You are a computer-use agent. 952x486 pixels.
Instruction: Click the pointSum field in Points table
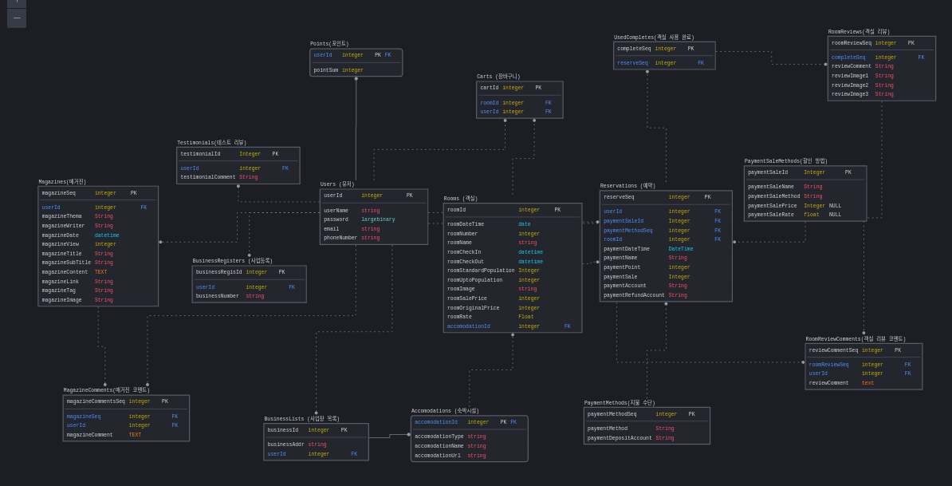[326, 70]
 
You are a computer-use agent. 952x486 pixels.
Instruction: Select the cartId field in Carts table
[489, 88]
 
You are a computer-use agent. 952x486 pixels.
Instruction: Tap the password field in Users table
[336, 219]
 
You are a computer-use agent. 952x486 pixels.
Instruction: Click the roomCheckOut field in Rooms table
[466, 262]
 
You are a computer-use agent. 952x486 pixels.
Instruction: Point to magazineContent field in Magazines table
[65, 272]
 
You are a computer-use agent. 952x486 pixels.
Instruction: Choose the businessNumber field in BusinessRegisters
[217, 296]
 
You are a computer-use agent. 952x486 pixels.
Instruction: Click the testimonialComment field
[207, 177]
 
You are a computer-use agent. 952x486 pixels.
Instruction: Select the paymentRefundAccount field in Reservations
[634, 295]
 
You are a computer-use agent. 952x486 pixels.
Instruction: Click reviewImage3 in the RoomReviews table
[849, 94]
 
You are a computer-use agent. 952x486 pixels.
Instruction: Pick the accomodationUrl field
[437, 456]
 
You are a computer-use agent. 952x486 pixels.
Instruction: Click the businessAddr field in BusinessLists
[285, 445]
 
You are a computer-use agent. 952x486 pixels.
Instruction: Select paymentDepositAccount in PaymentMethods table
[620, 438]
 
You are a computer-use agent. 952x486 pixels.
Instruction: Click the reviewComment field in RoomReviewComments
[828, 383]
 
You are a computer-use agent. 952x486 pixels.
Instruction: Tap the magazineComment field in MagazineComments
[89, 435]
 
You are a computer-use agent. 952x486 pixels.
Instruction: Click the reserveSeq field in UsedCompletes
[632, 63]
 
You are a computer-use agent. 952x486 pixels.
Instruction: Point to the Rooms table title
[461, 199]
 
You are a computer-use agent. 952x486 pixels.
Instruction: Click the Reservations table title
[627, 186]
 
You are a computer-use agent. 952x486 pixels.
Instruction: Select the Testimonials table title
[211, 143]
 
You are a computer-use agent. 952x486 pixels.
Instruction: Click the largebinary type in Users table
[378, 219]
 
